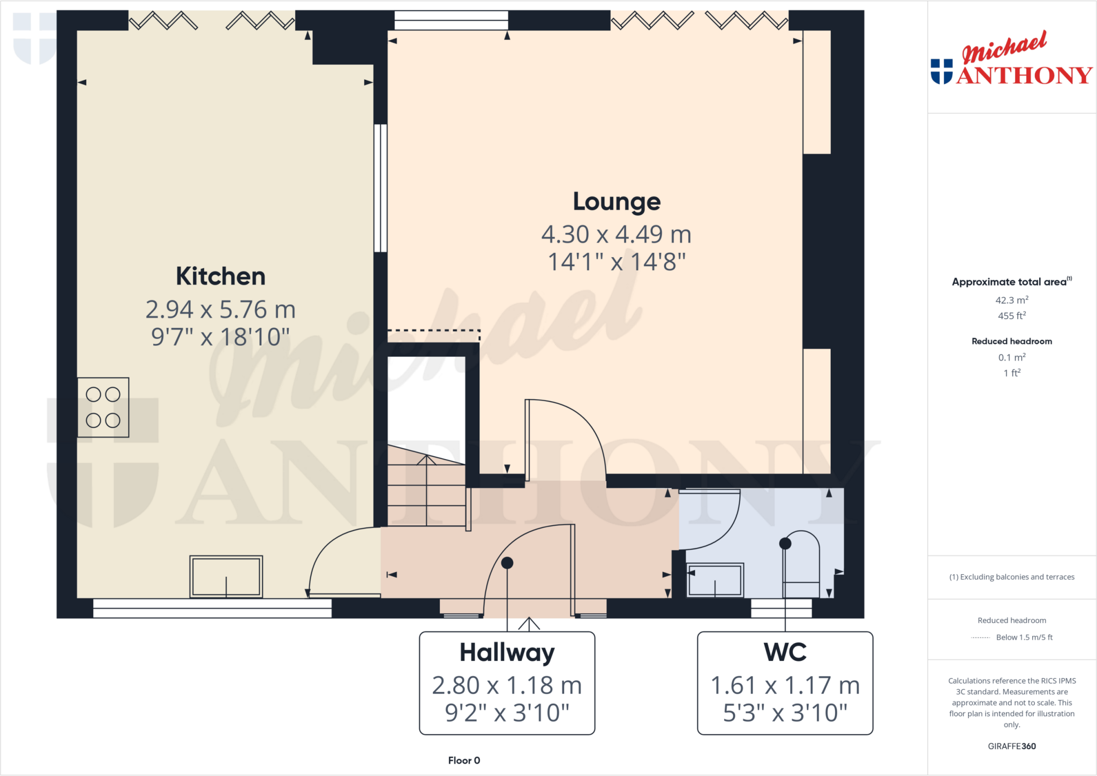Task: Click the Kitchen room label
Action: (221, 276)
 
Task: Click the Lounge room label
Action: (617, 202)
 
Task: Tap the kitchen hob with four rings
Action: (103, 408)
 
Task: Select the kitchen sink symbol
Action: (226, 576)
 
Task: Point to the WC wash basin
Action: (715, 579)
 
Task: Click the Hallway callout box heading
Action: (507, 653)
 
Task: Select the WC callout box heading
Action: (785, 653)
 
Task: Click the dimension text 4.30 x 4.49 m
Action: (616, 235)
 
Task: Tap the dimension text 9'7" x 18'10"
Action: (220, 337)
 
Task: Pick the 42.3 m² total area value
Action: (1011, 300)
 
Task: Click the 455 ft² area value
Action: (1011, 316)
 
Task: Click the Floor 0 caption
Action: (464, 760)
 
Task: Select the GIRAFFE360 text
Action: (1011, 746)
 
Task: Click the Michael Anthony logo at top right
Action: (1011, 59)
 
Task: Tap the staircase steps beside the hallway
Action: (426, 493)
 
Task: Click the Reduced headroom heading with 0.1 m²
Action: (1011, 341)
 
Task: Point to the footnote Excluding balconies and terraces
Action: (1011, 577)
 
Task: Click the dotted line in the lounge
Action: (434, 331)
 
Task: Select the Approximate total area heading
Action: (1010, 282)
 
